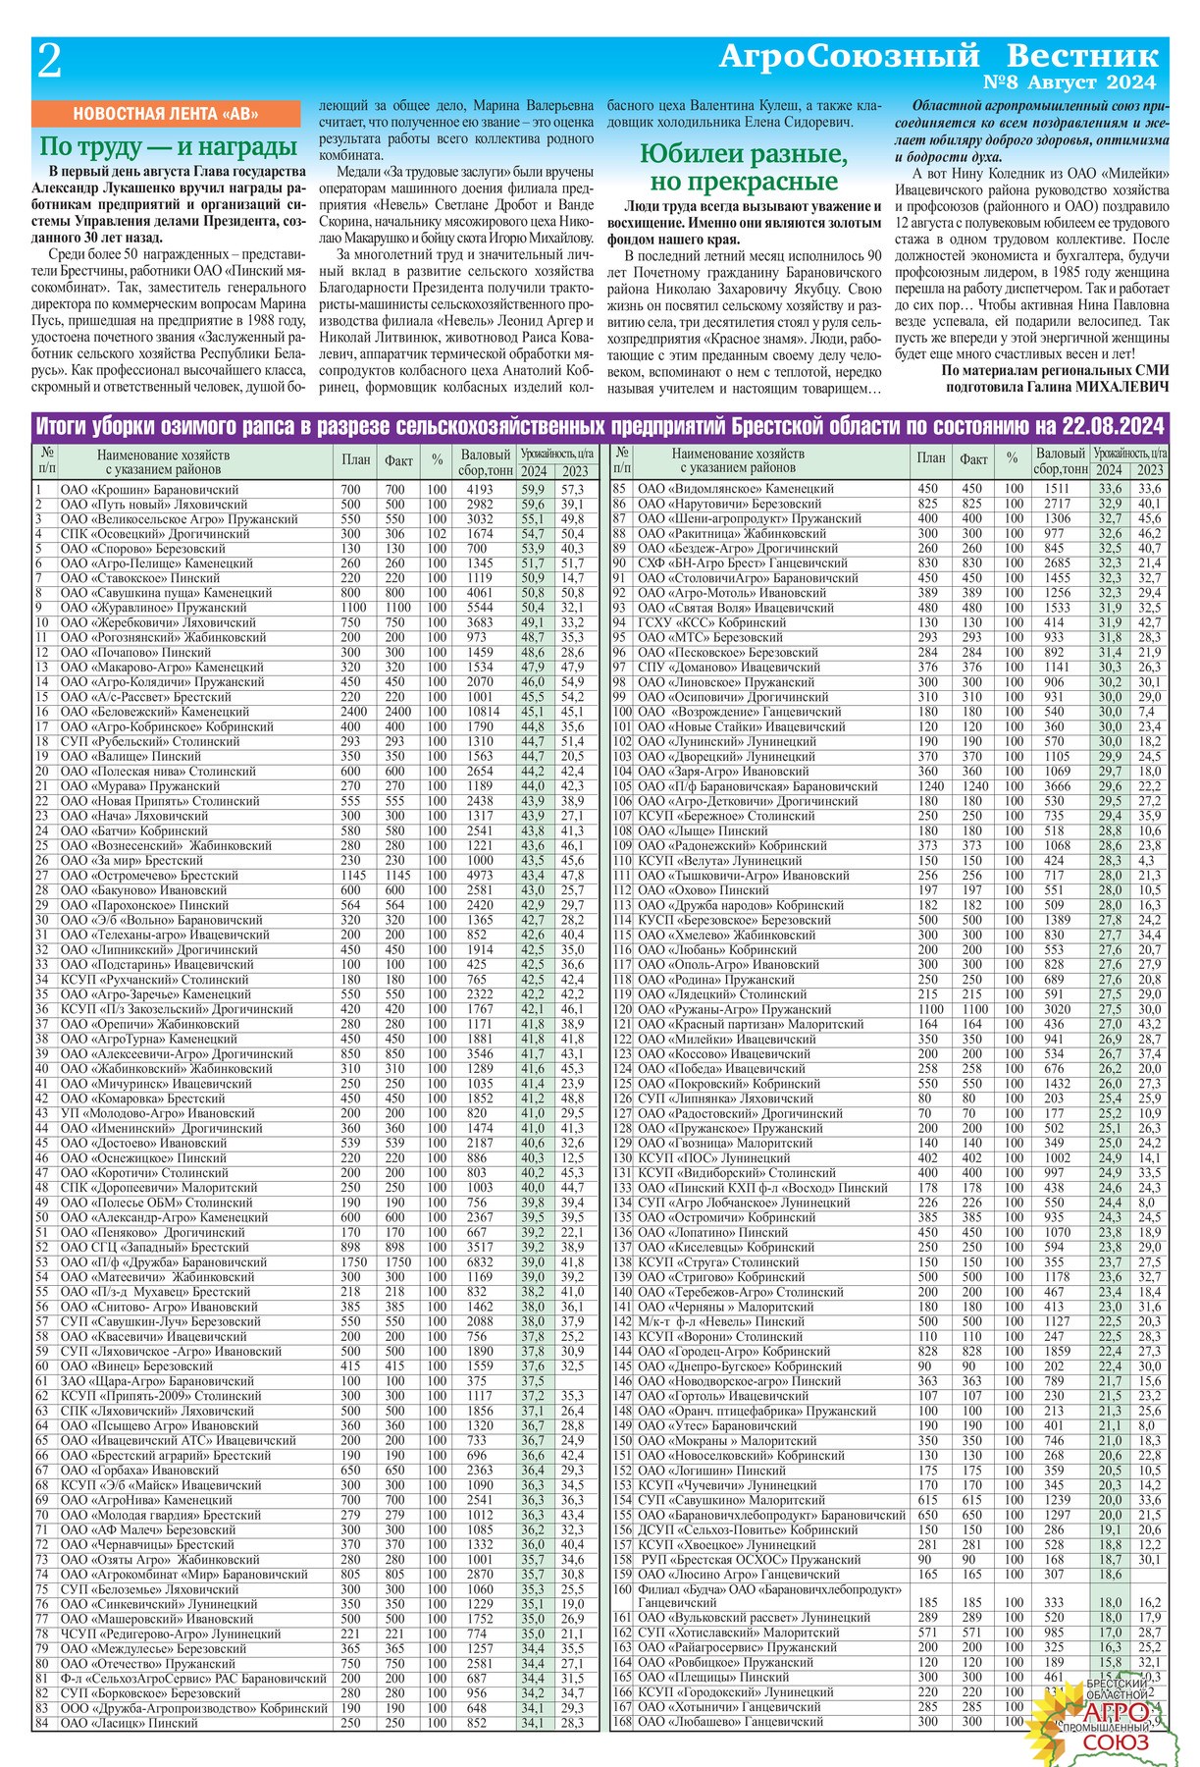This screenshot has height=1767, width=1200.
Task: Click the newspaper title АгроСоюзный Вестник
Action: click(x=938, y=55)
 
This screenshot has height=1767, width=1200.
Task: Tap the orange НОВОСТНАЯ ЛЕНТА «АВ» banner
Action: click(x=165, y=114)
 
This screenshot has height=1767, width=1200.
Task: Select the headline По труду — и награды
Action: click(x=168, y=147)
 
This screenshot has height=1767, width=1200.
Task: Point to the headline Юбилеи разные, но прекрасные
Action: click(x=743, y=168)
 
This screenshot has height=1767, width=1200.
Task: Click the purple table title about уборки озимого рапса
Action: click(x=600, y=426)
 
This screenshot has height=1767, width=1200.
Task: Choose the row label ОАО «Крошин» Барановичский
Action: click(x=149, y=489)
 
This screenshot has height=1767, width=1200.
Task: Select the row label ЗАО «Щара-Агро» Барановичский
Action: click(x=143, y=1381)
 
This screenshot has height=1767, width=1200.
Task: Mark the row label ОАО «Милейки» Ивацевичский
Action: click(x=723, y=1040)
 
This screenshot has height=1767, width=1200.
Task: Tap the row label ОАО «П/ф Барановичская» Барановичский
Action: click(x=757, y=786)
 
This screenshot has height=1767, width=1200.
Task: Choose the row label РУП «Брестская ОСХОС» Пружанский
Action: click(x=751, y=1560)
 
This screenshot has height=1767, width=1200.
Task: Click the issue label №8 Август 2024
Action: click(x=1069, y=83)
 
